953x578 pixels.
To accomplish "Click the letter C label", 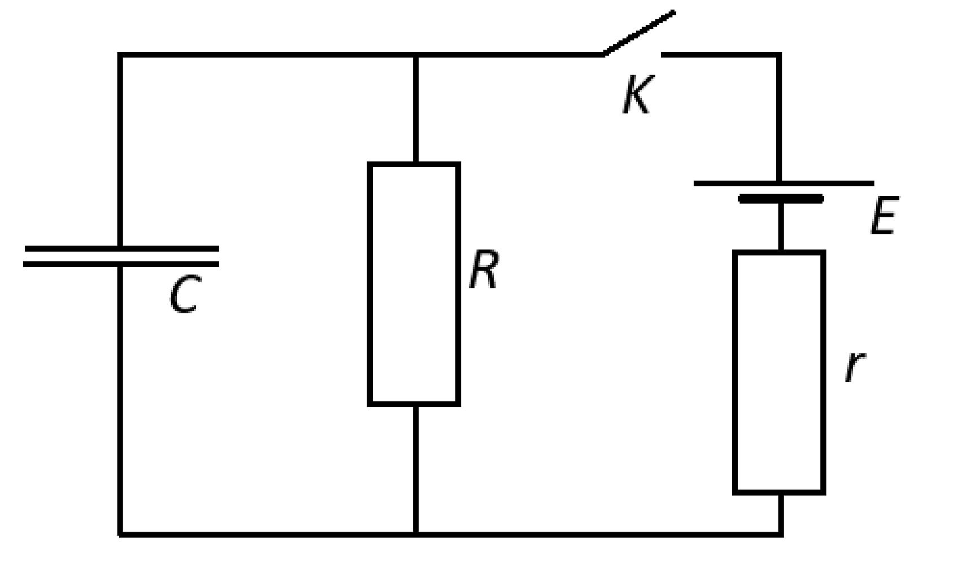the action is (x=185, y=294).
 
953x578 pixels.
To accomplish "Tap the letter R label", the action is (x=484, y=269).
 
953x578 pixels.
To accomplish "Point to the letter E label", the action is (x=885, y=215).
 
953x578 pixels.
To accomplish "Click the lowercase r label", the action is (x=855, y=367).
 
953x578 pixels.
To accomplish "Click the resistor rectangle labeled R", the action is (x=414, y=284).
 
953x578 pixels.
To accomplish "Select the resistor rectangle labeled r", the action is (x=779, y=373).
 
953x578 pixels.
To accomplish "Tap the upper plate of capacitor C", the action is (x=121, y=248).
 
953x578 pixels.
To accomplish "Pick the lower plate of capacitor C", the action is (x=121, y=264).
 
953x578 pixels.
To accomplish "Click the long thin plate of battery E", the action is (x=784, y=183).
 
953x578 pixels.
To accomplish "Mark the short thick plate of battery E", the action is (x=781, y=199).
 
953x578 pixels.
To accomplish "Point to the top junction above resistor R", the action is (x=416, y=55).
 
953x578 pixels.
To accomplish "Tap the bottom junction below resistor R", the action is (x=416, y=534).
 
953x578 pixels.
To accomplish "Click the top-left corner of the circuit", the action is (x=120, y=55).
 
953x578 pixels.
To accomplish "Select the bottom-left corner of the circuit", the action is (x=120, y=534).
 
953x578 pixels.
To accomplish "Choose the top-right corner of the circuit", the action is (x=779, y=55).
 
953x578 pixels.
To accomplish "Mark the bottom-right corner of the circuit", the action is (x=781, y=534).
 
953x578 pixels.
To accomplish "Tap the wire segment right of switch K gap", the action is (x=720, y=55).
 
